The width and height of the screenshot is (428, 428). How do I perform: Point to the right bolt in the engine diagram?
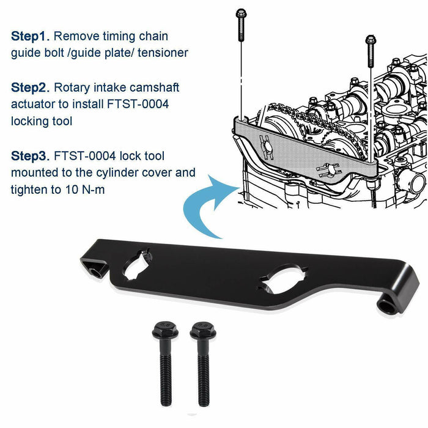coord(369,49)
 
